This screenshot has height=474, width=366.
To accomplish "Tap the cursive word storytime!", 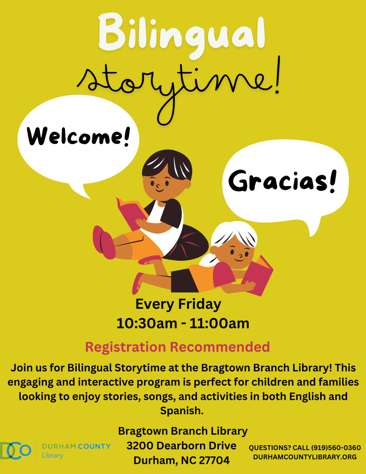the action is pyautogui.click(x=178, y=87).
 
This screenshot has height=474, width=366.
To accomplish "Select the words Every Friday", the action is pyautogui.click(x=178, y=304).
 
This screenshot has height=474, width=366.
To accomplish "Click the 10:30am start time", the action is pyautogui.click(x=147, y=324).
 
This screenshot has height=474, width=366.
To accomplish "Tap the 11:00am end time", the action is pyautogui.click(x=219, y=324).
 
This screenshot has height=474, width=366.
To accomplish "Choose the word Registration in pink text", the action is pyautogui.click(x=126, y=347).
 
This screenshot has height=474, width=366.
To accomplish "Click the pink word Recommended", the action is pyautogui.click(x=220, y=347).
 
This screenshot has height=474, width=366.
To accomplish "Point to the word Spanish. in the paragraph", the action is pyautogui.click(x=182, y=411).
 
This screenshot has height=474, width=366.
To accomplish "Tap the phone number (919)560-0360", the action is pyautogui.click(x=336, y=448).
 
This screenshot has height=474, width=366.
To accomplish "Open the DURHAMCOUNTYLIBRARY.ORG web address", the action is pyautogui.click(x=305, y=457).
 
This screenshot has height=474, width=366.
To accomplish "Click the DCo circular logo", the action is pyautogui.click(x=15, y=451).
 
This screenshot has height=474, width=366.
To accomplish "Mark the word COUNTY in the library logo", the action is pyautogui.click(x=94, y=446).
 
